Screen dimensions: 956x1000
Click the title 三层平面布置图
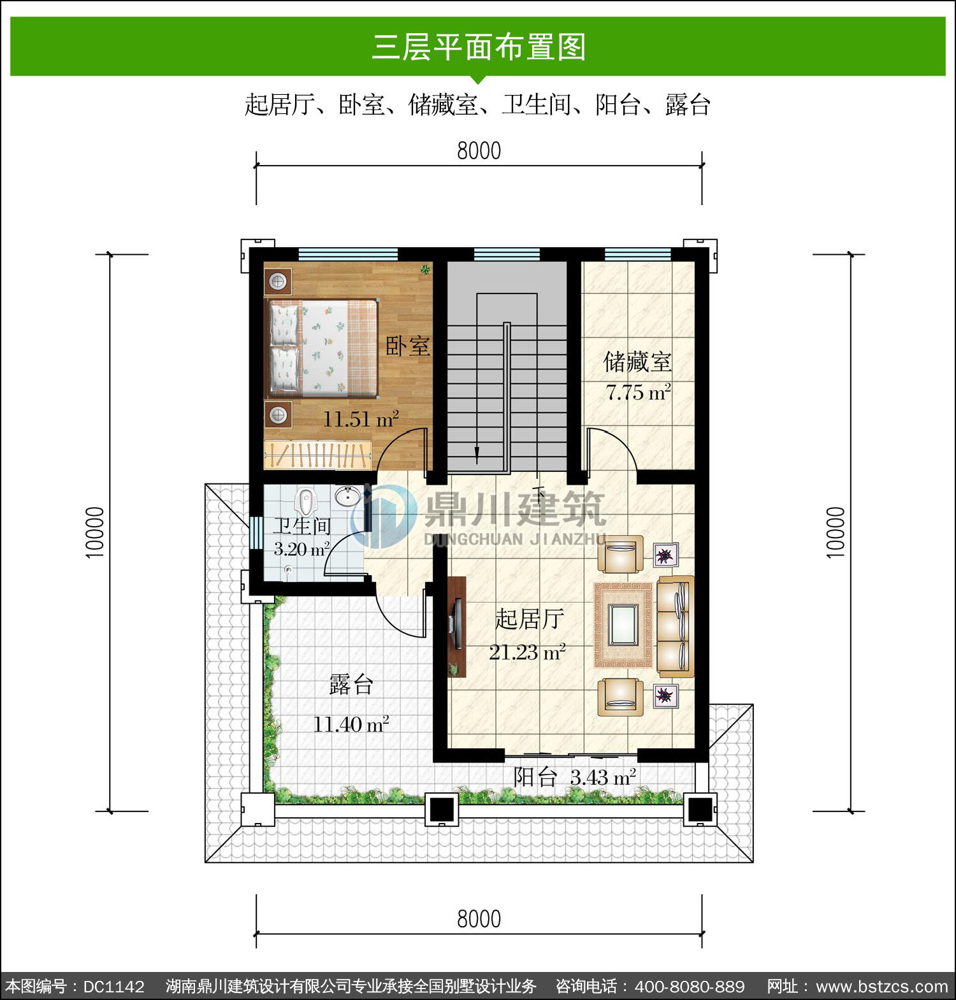pos(479,47)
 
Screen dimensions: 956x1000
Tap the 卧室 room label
pos(408,346)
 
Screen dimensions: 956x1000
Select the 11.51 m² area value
pos(361,419)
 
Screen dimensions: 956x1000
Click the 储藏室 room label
pos(637,362)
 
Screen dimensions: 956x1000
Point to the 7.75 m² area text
pos(638,392)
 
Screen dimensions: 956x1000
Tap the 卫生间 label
pos(302,526)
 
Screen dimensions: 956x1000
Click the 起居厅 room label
pos(530,618)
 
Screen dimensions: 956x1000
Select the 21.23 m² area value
pos(527,652)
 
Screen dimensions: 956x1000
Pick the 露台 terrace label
pos(351,685)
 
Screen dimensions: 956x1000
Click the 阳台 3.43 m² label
pos(575,777)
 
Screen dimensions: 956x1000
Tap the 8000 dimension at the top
pos(479,151)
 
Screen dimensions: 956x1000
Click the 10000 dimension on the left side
pos(95,532)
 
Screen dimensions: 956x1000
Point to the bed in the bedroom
pos(321,348)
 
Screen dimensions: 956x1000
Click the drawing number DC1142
pos(114,987)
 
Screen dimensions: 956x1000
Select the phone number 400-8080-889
pos(690,987)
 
